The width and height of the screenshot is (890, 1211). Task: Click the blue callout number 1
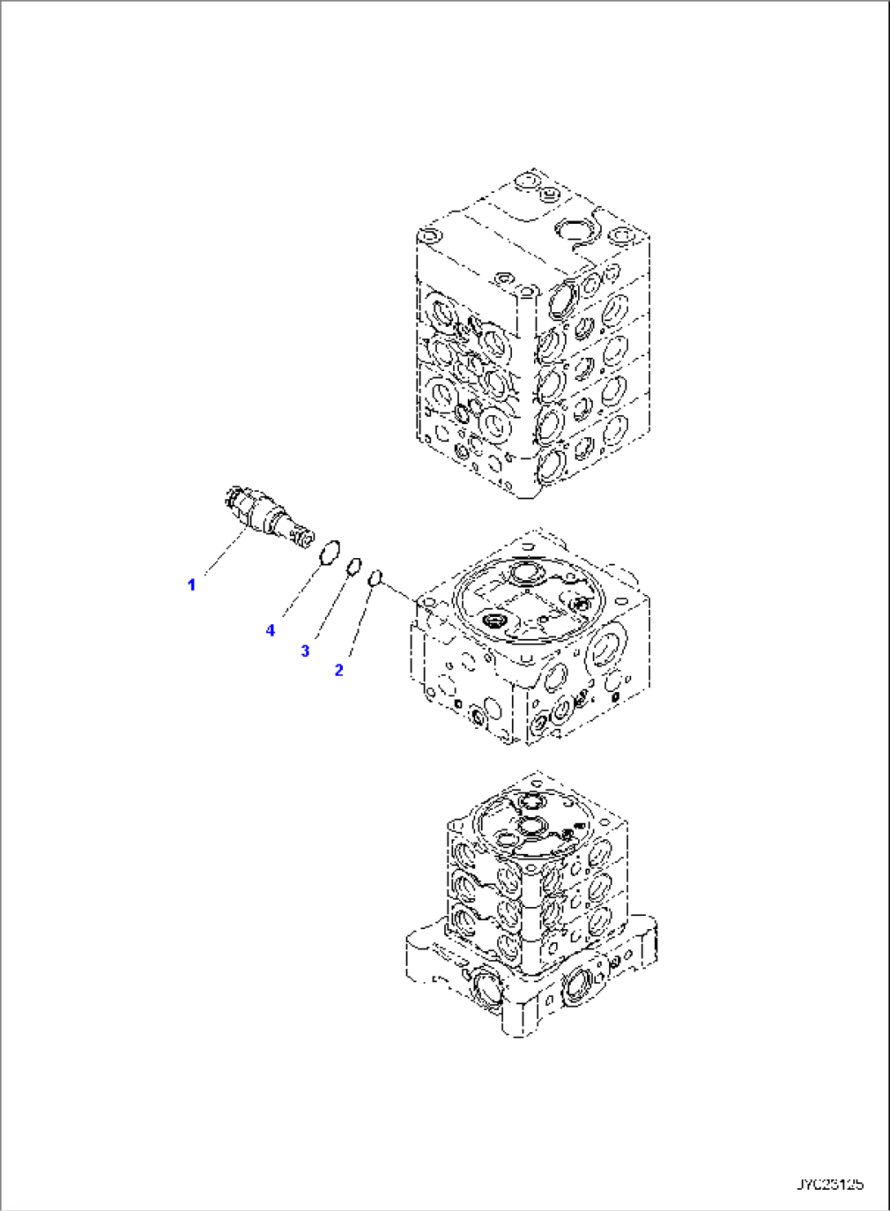[192, 585]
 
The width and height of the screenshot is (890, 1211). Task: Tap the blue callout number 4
[270, 630]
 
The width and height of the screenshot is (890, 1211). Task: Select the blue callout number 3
[305, 651]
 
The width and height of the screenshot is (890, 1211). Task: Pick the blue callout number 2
[339, 670]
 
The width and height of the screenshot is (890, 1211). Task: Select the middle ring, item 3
[354, 566]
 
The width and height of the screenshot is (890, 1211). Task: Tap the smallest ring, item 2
[375, 578]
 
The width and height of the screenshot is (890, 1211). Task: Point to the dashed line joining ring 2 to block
[400, 592]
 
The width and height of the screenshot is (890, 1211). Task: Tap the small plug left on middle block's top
[496, 623]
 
